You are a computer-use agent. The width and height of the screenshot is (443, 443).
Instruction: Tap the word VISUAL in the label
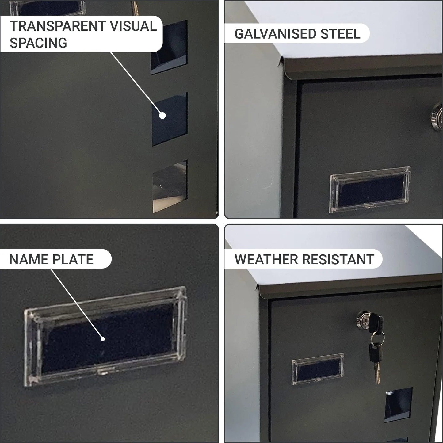click(134, 26)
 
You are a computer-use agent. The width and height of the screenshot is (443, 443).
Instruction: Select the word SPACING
click(38, 43)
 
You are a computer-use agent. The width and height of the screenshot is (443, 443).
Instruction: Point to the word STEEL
click(340, 34)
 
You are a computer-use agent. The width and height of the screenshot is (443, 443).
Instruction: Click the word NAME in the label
click(28, 260)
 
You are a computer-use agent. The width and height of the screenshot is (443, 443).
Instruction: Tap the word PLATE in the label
click(73, 260)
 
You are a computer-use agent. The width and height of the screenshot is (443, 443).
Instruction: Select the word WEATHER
click(266, 260)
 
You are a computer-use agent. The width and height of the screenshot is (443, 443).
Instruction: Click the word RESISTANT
click(338, 260)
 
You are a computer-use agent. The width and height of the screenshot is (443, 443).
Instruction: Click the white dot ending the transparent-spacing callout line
click(162, 116)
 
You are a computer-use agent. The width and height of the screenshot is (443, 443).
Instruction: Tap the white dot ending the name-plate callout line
click(103, 339)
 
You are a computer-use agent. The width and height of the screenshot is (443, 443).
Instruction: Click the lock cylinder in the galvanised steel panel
click(437, 117)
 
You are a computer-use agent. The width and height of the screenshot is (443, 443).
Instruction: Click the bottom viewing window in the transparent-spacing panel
click(170, 186)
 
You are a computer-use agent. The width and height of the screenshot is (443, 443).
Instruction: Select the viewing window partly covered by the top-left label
click(169, 47)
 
